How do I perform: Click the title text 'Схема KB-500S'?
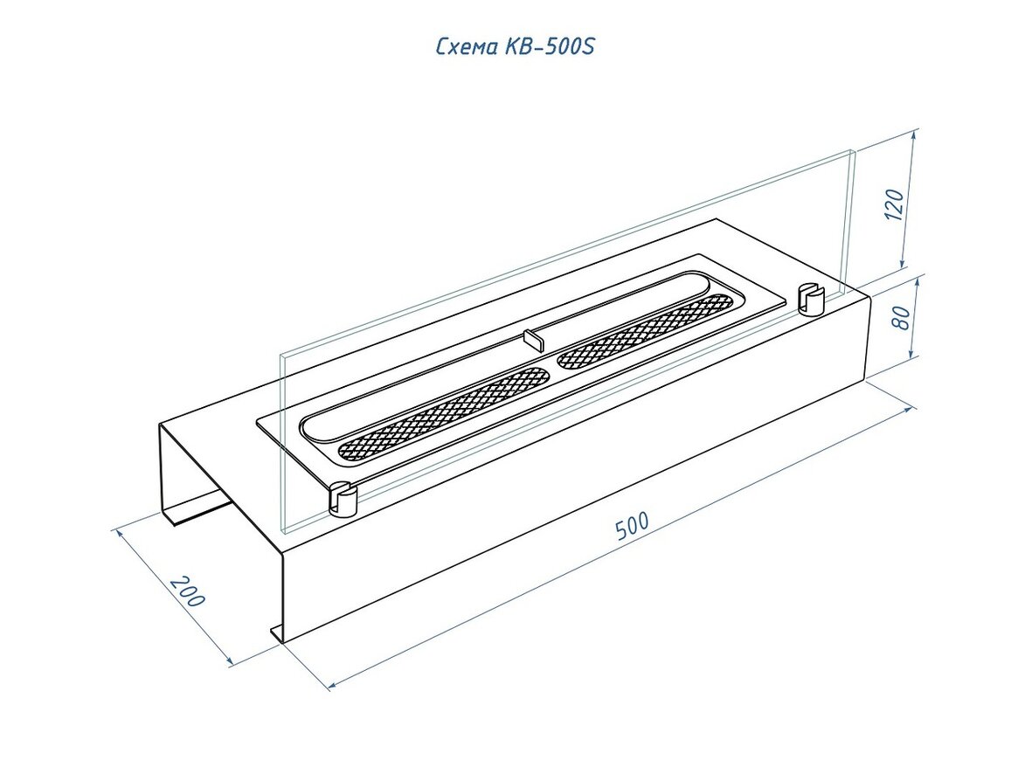[x=516, y=46]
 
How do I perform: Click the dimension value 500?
[x=633, y=525]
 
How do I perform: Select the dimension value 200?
[x=188, y=591]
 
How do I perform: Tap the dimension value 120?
[x=895, y=204]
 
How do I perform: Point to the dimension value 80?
[x=903, y=318]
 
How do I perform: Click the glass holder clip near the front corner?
[x=343, y=499]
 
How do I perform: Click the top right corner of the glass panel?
[x=855, y=151]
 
